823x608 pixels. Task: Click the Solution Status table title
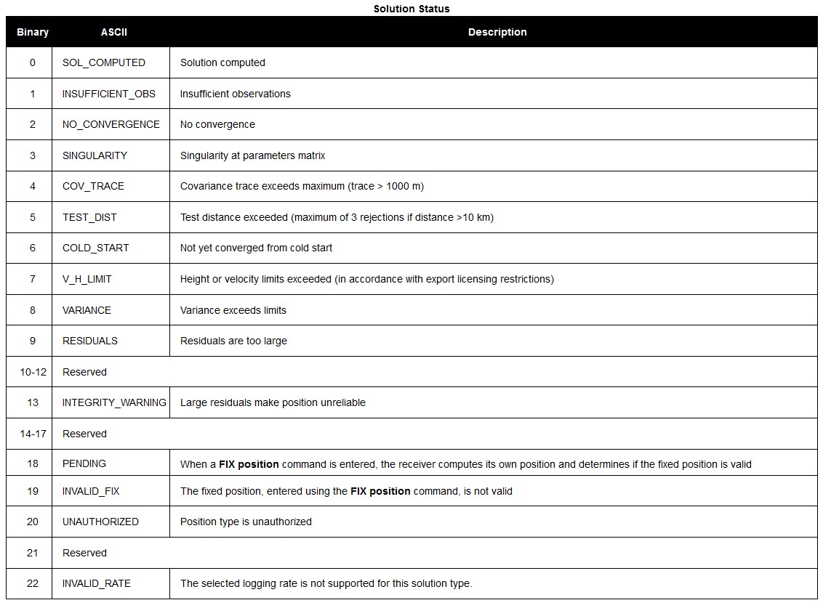point(411,9)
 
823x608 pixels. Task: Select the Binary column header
point(33,32)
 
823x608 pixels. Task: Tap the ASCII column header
point(114,32)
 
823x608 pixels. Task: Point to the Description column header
point(497,32)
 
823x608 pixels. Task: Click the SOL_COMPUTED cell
point(104,62)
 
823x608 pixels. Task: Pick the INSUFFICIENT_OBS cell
point(109,94)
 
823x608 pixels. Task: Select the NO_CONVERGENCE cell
point(111,124)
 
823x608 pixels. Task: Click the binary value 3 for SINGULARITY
point(33,155)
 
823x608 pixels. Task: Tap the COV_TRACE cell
point(93,186)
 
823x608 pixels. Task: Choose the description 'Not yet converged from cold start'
point(256,248)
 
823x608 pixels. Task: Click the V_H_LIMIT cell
point(87,279)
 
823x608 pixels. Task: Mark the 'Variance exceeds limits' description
point(233,310)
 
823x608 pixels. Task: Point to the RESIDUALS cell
point(90,341)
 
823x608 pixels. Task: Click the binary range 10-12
point(33,372)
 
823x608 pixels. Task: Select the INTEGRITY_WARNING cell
point(114,402)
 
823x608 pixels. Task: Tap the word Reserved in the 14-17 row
point(84,434)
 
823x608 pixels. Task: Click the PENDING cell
point(84,463)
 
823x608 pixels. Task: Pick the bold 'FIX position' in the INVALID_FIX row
point(380,491)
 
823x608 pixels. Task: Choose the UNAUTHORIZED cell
point(100,522)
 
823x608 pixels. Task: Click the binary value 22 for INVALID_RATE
point(33,583)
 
